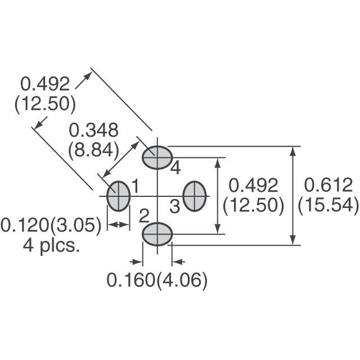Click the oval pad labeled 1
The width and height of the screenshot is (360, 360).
(x=118, y=196)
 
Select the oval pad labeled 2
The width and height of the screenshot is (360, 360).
(x=156, y=233)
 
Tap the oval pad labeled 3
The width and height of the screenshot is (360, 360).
(x=195, y=196)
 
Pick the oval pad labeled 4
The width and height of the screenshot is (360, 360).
(x=156, y=157)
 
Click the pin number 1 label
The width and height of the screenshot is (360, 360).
(x=135, y=184)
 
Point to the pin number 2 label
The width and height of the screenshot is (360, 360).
(x=144, y=215)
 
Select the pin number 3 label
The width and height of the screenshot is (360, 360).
(x=175, y=206)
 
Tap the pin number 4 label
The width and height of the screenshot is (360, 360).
(x=175, y=168)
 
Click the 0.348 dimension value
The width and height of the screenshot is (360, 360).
(x=93, y=130)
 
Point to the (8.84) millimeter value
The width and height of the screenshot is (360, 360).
(x=93, y=150)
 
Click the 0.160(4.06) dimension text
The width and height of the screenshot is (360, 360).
(x=157, y=280)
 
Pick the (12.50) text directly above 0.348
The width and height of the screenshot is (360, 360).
(x=44, y=104)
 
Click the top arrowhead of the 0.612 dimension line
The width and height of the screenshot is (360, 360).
(x=293, y=151)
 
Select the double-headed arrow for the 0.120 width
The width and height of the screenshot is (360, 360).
(x=118, y=225)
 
